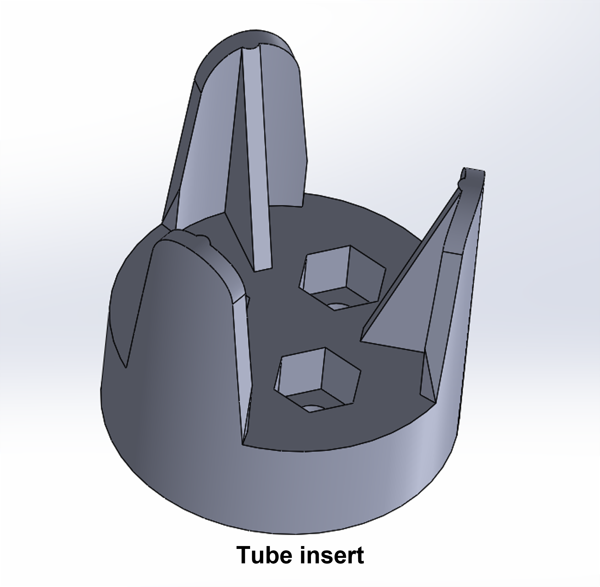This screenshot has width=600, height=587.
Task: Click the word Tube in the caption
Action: pos(265,555)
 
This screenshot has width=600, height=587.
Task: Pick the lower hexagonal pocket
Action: pos(318,379)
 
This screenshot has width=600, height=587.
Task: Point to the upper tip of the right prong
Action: pos(473,174)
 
